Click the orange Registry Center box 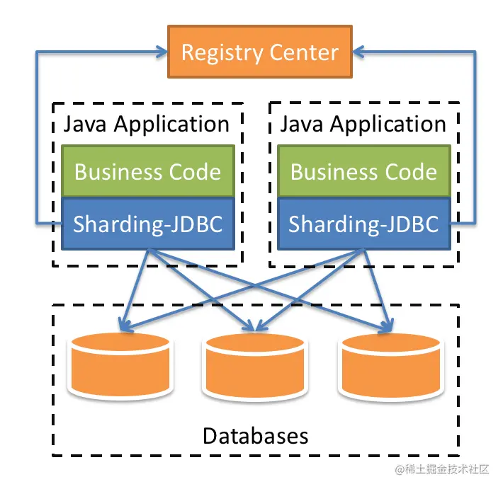[x=259, y=52]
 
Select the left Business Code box [x=147, y=171]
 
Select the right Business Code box [x=363, y=171]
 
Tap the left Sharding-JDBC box [x=147, y=224]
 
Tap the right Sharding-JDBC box [x=363, y=224]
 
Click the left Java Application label [x=147, y=125]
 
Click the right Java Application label [x=363, y=125]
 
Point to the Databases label [x=255, y=435]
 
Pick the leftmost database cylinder [x=119, y=365]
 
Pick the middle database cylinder [x=255, y=365]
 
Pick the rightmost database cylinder [x=391, y=365]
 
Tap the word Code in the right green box [x=411, y=171]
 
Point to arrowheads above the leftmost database [x=124, y=326]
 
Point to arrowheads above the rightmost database [x=386, y=326]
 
